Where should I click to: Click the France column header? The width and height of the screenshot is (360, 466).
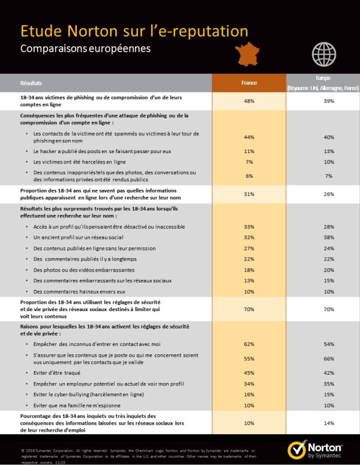[249, 82]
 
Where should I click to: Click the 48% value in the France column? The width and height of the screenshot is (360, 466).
[249, 101]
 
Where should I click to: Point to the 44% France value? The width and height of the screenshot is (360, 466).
[249, 137]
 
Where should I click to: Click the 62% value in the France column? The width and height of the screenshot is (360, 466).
[249, 344]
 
